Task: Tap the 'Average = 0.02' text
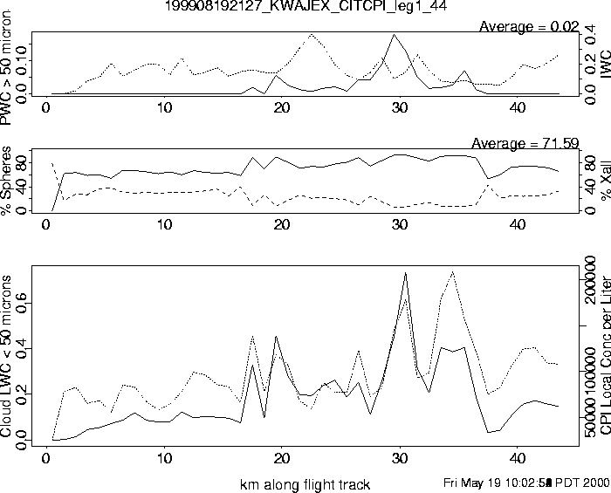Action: click(x=529, y=26)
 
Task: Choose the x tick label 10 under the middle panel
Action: click(x=164, y=225)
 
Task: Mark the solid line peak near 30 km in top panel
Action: click(x=396, y=35)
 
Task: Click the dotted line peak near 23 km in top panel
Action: click(x=312, y=35)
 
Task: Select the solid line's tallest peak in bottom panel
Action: click(x=406, y=273)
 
